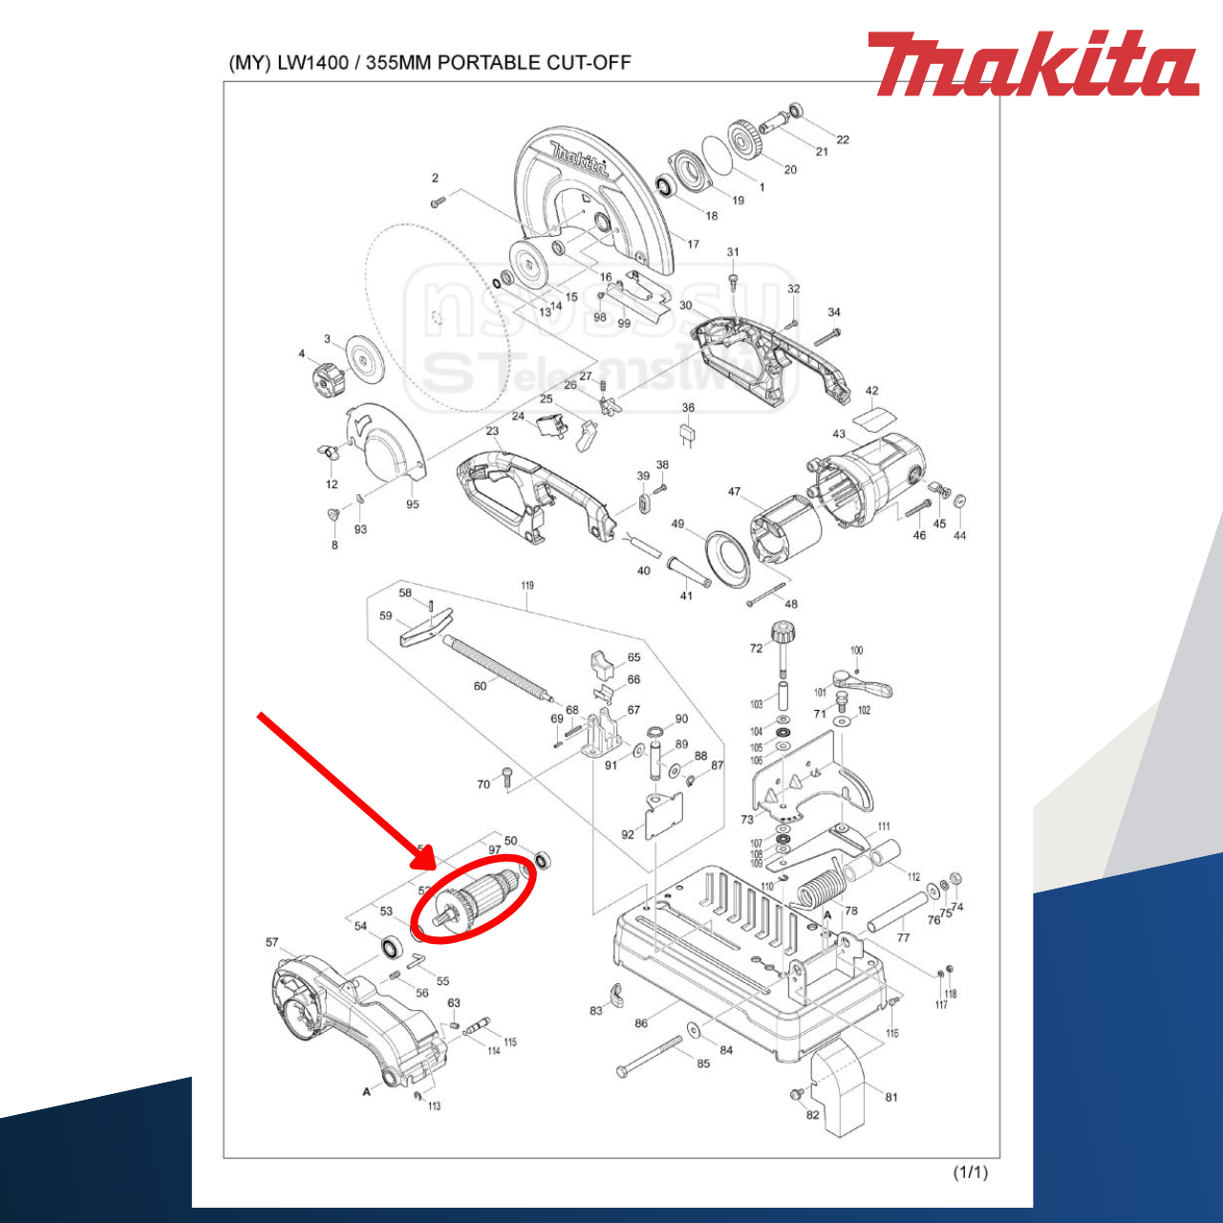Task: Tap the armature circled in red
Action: point(478,898)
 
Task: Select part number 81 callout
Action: point(891,1097)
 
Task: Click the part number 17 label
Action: point(694,245)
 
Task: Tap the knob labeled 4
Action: point(327,381)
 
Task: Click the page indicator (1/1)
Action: point(970,1172)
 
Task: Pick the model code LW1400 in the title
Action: point(313,63)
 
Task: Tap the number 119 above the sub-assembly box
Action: point(527,586)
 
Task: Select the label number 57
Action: point(272,943)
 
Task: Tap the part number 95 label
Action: point(412,504)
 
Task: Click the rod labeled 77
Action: point(897,912)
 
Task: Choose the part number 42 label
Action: point(871,391)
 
